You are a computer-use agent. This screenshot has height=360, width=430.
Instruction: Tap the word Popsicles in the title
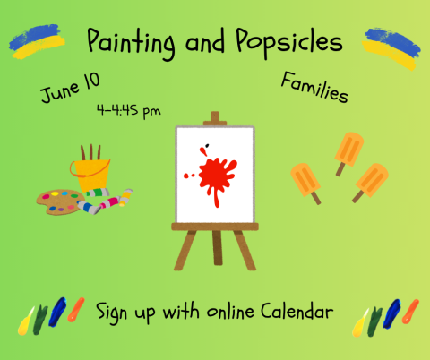[290, 41]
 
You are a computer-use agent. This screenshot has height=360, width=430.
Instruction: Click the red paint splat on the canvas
[214, 173]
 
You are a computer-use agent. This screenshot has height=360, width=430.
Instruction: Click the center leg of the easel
[214, 246]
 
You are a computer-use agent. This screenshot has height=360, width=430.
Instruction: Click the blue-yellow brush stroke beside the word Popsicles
[389, 46]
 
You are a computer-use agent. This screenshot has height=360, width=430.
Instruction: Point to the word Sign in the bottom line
[114, 313]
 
